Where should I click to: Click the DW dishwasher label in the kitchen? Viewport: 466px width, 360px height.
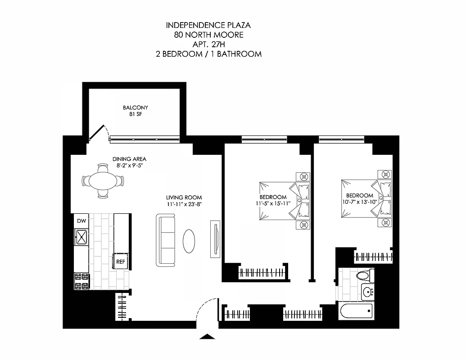[x=81, y=221]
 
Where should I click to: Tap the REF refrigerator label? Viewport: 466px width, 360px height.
[x=121, y=261]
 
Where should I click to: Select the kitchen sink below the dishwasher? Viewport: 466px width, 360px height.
[x=81, y=237]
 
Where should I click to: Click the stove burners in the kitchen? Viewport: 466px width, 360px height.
[x=81, y=281]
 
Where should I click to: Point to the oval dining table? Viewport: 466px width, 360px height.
[x=103, y=181]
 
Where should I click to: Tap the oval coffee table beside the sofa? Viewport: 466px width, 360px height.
[x=190, y=242]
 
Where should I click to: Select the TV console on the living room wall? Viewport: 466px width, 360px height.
[x=215, y=240]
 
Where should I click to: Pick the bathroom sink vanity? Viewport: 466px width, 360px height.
[x=368, y=292]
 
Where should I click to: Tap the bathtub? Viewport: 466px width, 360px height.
[x=357, y=310]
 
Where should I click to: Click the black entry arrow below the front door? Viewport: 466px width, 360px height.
[x=207, y=336]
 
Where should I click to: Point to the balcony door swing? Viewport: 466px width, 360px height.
[x=98, y=133]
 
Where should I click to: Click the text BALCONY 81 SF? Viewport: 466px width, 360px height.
[x=135, y=111]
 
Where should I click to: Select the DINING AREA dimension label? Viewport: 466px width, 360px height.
[x=129, y=162]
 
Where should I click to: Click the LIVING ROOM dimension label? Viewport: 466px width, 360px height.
[x=184, y=200]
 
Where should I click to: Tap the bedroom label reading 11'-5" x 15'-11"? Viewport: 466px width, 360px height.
[x=273, y=200]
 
